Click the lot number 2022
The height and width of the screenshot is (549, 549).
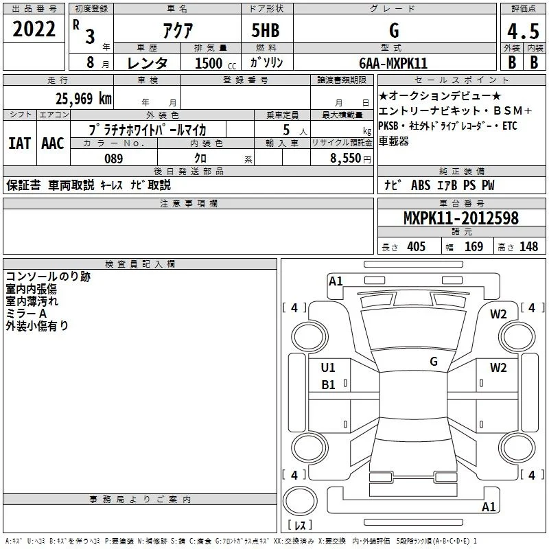pyautogui.click(x=34, y=29)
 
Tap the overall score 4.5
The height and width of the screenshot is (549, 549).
pyautogui.click(x=524, y=31)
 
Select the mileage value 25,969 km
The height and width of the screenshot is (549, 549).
pyautogui.click(x=84, y=99)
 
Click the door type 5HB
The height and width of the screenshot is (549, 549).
pyautogui.click(x=266, y=30)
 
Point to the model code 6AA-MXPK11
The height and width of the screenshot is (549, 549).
pyautogui.click(x=393, y=63)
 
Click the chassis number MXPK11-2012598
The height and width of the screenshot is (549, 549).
pyautogui.click(x=461, y=218)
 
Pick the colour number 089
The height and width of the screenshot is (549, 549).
pyautogui.click(x=114, y=159)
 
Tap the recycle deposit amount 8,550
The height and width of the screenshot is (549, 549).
pyautogui.click(x=346, y=159)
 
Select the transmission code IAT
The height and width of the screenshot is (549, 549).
pyautogui.click(x=20, y=143)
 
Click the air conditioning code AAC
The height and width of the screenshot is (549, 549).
pyautogui.click(x=53, y=143)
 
